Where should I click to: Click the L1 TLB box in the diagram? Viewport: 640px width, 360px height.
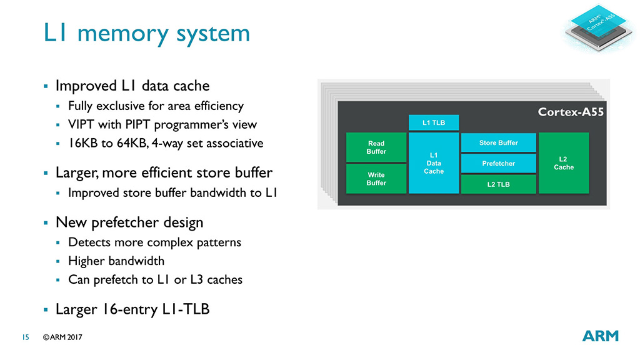pyautogui.click(x=434, y=122)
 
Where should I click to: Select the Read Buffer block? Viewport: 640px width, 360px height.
pyautogui.click(x=376, y=147)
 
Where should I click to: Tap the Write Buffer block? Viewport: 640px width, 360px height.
pyautogui.click(x=376, y=179)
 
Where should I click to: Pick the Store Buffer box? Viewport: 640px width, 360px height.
pyautogui.click(x=498, y=142)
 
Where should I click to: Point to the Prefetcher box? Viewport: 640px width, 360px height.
pyautogui.click(x=498, y=163)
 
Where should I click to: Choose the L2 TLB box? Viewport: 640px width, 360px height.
pyautogui.click(x=498, y=184)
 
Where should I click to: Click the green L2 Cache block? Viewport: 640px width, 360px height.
pyautogui.click(x=563, y=162)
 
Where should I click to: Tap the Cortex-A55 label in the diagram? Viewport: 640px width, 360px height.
pyautogui.click(x=571, y=112)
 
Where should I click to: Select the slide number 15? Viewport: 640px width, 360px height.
pyautogui.click(x=26, y=337)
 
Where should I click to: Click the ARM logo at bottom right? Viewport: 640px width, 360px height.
pyautogui.click(x=600, y=336)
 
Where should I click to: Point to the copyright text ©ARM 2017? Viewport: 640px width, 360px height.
pyautogui.click(x=62, y=337)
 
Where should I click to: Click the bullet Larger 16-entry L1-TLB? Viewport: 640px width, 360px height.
pyautogui.click(x=132, y=309)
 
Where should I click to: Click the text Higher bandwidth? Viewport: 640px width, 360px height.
pyautogui.click(x=116, y=261)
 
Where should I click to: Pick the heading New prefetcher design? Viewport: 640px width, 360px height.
pyautogui.click(x=129, y=222)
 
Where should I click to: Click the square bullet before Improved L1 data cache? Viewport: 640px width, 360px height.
pyautogui.click(x=45, y=86)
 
